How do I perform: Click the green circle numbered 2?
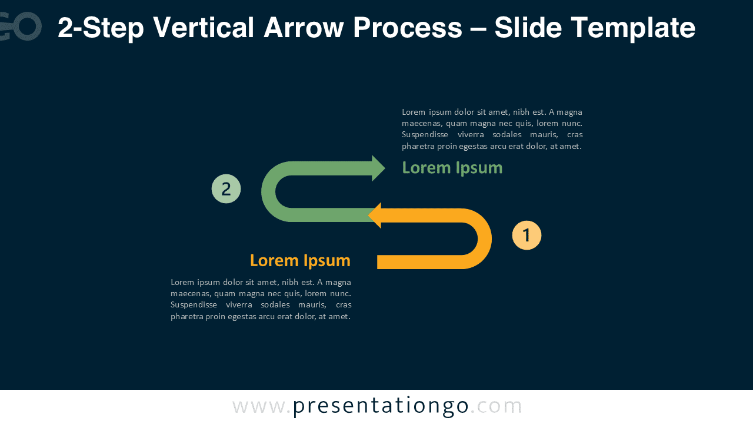[226, 189]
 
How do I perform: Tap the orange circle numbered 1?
[527, 235]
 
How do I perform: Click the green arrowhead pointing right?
[378, 168]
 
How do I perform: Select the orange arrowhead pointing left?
[375, 216]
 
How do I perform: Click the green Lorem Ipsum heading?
[452, 168]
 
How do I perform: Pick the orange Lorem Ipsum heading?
[300, 260]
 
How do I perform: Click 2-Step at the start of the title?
[99, 28]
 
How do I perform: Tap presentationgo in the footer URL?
[381, 406]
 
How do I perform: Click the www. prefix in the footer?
[261, 406]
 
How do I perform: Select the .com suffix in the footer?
[496, 406]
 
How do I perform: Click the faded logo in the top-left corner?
[21, 26]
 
